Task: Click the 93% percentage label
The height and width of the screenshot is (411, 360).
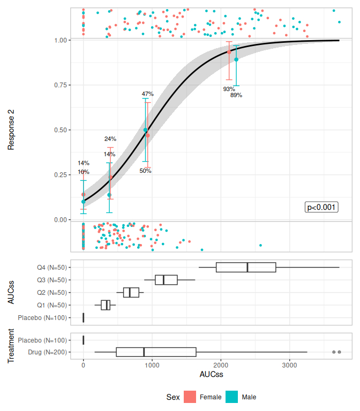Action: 229,89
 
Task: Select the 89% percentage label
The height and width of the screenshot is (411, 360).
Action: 236,95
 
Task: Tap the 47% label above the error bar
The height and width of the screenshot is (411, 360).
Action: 148,94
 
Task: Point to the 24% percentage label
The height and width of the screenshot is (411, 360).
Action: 110,139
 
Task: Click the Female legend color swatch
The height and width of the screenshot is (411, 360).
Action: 190,397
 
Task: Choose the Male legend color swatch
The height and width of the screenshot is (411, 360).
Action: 232,397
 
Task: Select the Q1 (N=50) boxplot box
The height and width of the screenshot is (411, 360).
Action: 106,305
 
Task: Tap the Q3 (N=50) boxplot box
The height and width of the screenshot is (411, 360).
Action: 166,280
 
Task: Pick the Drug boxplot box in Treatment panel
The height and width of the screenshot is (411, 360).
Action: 156,352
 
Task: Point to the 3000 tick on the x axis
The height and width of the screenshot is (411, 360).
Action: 289,366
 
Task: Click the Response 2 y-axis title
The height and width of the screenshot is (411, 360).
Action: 11,130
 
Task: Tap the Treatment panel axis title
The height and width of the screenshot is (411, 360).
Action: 11,346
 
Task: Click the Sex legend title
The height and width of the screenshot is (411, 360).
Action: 172,397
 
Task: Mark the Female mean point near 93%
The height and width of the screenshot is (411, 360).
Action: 229,52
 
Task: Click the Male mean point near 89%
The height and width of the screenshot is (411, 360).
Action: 236,59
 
